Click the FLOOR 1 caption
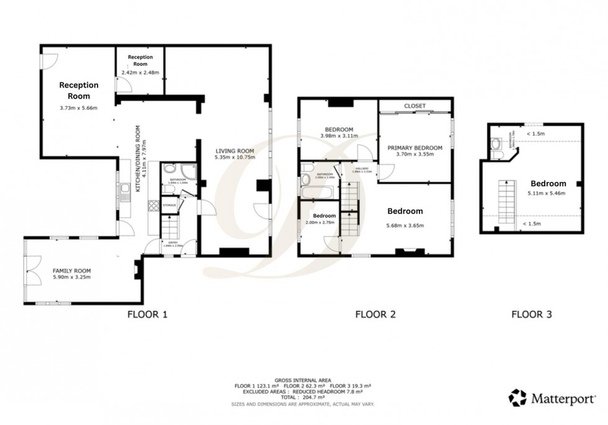coord(147,315)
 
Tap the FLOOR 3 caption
coord(531,315)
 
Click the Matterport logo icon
coord(517,397)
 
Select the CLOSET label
coord(415,106)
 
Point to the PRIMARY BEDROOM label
coord(415,148)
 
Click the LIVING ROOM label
coord(235,151)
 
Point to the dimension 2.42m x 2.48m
coord(140,73)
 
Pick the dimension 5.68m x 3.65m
coord(405,225)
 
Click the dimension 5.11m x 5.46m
coord(548,194)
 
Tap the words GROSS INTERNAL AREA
coord(303,380)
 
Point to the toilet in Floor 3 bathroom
coord(496,146)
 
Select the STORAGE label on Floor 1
coord(169,205)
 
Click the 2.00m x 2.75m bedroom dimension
coord(320,222)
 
